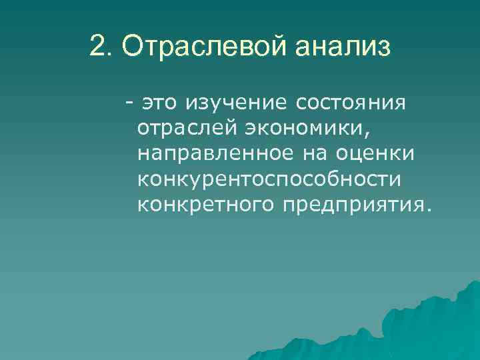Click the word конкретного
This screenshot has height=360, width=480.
(x=205, y=203)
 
